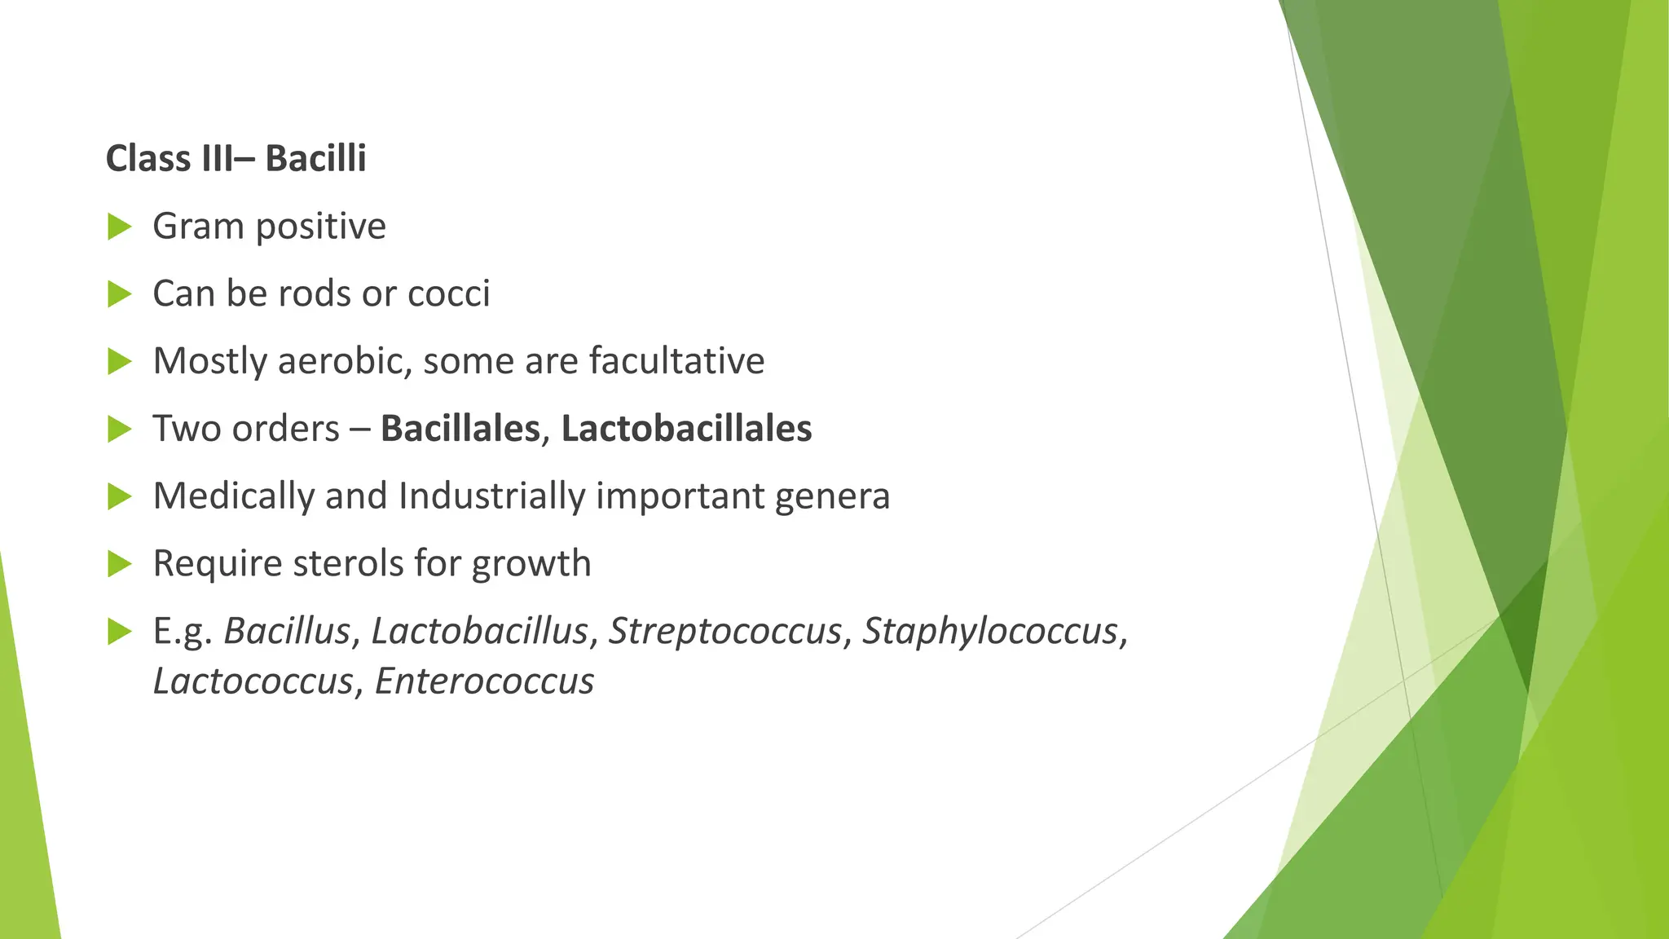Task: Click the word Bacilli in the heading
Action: click(x=315, y=158)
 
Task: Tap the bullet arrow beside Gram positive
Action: click(x=119, y=227)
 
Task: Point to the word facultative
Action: click(x=676, y=361)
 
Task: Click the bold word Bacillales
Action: click(x=460, y=429)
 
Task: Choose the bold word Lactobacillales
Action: click(x=686, y=429)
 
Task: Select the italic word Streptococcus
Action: click(x=724, y=631)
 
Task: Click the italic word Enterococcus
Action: click(x=484, y=681)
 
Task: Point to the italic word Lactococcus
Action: click(x=253, y=681)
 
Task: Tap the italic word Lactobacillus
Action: click(x=479, y=631)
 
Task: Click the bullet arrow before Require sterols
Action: click(x=119, y=563)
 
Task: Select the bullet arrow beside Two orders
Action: click(x=119, y=429)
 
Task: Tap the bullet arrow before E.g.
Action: click(x=119, y=631)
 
